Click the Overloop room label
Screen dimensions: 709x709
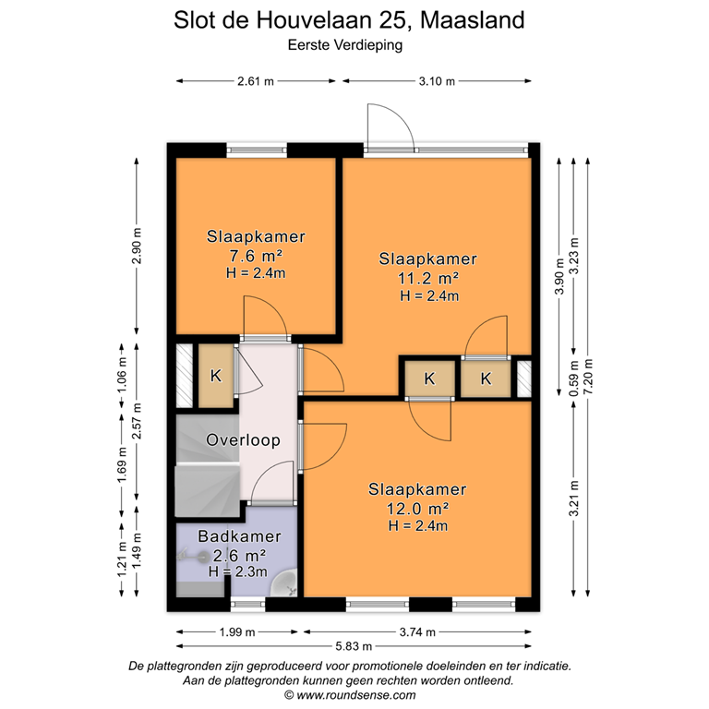[x=244, y=440]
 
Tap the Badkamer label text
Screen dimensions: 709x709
[x=240, y=536]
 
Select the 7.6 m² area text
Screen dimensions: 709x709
[x=256, y=255]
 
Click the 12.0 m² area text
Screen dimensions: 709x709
[x=417, y=508]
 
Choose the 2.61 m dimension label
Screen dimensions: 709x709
[x=256, y=82]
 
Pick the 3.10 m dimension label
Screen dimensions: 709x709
[x=437, y=82]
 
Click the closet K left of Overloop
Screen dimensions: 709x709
[x=216, y=376]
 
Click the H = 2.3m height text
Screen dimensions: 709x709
[x=240, y=572]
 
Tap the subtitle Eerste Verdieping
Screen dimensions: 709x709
[x=354, y=42]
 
